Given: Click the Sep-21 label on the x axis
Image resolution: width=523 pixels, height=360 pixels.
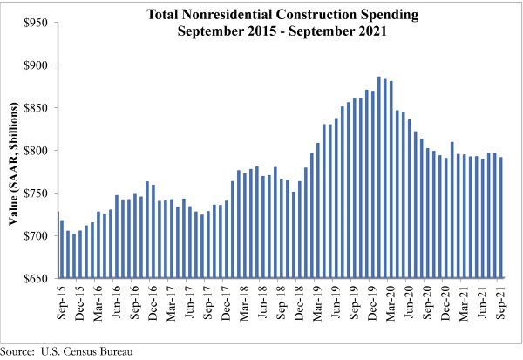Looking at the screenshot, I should click(499, 302).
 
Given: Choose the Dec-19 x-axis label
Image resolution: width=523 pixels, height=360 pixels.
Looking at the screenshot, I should click(367, 302).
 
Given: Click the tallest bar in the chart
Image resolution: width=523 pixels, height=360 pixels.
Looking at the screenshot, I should click(379, 178).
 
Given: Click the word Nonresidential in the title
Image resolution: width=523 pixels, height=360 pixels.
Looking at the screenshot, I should click(263, 14).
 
